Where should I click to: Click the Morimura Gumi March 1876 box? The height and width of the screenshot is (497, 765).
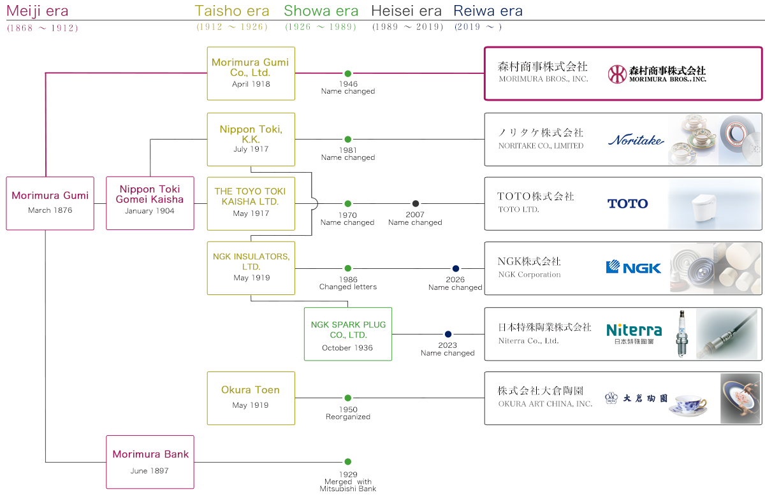pos(50,203)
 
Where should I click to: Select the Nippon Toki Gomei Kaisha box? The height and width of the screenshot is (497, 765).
pos(150,203)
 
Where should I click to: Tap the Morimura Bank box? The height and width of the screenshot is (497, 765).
pos(150,462)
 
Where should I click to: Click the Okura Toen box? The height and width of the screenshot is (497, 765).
pos(251,398)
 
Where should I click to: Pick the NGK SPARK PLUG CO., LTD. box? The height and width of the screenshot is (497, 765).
pos(348,334)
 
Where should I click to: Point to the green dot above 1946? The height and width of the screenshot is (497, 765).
pos(348,74)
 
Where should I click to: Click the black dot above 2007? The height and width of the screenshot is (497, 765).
pos(416,204)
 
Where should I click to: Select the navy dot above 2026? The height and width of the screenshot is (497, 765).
pos(456,269)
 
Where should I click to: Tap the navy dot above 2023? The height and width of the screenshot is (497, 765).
pos(448,334)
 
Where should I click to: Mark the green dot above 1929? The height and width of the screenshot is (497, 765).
pos(348,462)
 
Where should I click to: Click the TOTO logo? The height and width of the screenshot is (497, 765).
pos(628,204)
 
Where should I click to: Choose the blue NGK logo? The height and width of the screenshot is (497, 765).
pos(634,268)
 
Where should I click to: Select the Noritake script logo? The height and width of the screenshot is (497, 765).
pos(636,140)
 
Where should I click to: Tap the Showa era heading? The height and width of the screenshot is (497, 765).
pos(321,11)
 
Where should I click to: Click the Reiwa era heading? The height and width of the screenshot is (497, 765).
pos(488,11)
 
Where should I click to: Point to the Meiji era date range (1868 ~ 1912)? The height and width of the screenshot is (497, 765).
pos(42,28)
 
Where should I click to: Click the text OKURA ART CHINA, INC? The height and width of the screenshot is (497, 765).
pos(545,404)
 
